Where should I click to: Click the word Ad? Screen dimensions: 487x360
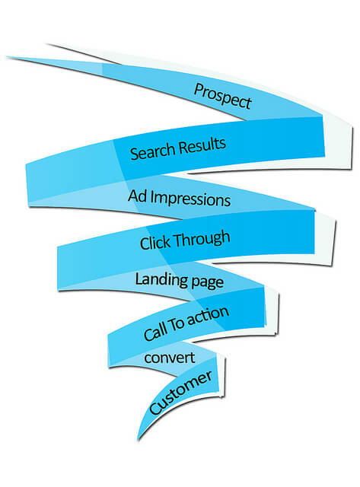138,195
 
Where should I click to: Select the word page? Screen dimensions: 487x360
206,282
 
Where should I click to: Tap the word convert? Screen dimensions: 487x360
170,357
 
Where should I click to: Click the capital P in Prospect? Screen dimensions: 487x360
199,88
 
